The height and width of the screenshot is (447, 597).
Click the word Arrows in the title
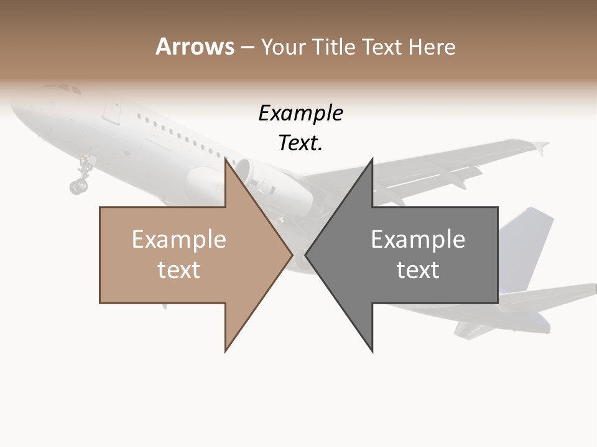(x=195, y=47)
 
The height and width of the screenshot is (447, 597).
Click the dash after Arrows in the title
(x=246, y=47)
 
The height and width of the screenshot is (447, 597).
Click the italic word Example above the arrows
(x=300, y=113)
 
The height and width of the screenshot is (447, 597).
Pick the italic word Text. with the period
(x=300, y=143)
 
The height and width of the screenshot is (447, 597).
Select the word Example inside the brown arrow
(x=178, y=240)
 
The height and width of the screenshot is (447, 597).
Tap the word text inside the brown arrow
(x=178, y=270)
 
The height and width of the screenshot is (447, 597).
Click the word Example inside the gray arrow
(x=418, y=240)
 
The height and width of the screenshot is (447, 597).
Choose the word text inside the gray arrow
(x=418, y=270)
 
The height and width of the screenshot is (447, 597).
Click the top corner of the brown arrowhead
(x=226, y=160)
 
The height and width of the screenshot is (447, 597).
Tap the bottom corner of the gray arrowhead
(x=372, y=351)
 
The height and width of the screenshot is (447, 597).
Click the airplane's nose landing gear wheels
(x=79, y=184)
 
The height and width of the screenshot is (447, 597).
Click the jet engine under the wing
(x=274, y=183)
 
